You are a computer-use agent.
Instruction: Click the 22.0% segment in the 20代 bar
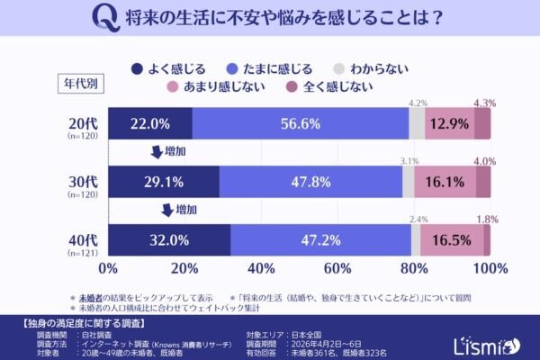coord(150,123)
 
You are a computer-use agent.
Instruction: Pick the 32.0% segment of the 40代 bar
coord(170,240)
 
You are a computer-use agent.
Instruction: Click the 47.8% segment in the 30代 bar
coord(310,182)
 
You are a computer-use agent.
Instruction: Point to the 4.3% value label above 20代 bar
coord(484,103)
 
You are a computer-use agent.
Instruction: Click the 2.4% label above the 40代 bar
coord(418,219)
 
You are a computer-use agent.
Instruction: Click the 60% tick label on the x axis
coord(337,268)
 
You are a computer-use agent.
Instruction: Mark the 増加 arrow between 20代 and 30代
coord(171,151)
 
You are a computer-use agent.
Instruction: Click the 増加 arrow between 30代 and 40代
coord(171,211)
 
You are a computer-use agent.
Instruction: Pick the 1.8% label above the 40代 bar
coord(484,219)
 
